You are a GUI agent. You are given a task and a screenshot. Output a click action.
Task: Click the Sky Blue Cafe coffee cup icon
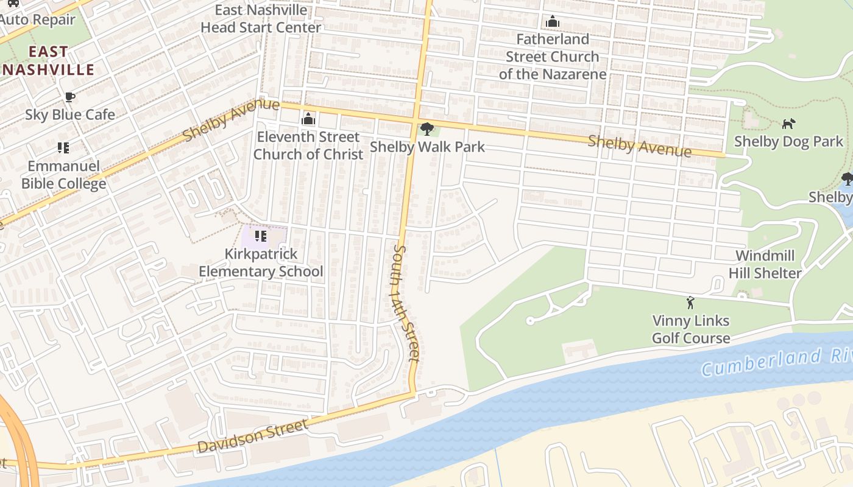point(70,97)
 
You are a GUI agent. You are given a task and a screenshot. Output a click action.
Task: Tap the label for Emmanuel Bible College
point(64,175)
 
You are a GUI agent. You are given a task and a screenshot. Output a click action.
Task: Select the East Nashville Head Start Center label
point(261,19)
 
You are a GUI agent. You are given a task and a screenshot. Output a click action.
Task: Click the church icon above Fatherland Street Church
point(553,22)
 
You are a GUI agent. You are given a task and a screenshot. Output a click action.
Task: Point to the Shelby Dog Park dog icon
point(788,124)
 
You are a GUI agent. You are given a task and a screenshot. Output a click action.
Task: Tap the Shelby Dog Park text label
point(788,142)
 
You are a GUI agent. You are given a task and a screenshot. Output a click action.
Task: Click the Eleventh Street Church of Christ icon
point(308,119)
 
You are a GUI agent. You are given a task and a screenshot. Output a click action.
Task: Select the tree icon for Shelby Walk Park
point(427,129)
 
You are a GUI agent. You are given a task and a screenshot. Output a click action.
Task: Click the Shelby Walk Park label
point(427,147)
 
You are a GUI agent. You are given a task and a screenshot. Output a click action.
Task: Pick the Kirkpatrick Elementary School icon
point(261,236)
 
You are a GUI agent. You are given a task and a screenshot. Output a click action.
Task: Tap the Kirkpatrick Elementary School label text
point(261,262)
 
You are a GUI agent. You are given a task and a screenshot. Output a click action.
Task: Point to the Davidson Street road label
point(252,436)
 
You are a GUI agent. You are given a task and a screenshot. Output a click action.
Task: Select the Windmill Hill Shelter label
point(765,264)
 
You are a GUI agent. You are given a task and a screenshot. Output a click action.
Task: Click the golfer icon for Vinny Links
point(690,303)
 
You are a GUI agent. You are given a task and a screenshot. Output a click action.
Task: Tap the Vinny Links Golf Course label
point(691,329)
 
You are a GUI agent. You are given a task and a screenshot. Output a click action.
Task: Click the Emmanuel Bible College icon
point(63,147)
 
